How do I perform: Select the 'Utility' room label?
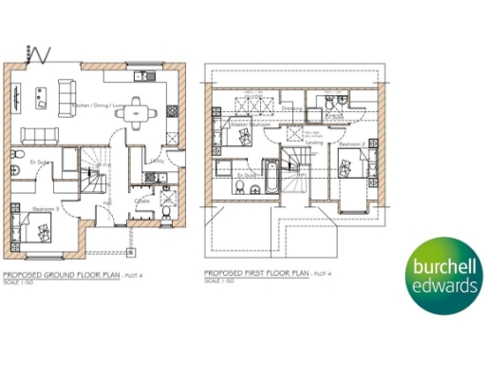coord(158,162)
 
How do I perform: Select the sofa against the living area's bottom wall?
coord(39,132)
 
